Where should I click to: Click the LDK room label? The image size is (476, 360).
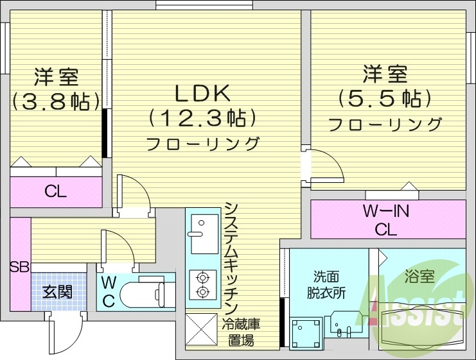click(x=202, y=94)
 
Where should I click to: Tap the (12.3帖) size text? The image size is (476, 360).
click(x=202, y=118)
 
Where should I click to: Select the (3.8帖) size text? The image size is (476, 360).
click(x=56, y=101)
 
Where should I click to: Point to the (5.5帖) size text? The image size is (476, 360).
click(x=385, y=98)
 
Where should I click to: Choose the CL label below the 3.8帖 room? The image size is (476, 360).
click(x=55, y=191)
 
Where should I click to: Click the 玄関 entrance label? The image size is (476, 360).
click(x=57, y=292)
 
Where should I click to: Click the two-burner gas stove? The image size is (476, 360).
click(x=203, y=285)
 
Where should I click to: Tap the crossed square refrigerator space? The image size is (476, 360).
click(x=202, y=330)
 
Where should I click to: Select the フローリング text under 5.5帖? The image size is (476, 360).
click(x=385, y=124)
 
